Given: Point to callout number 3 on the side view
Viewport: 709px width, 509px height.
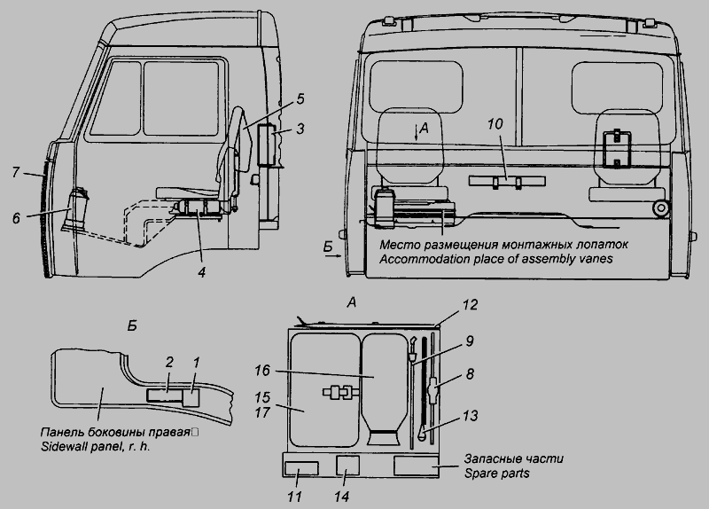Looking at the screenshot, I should point(300,130).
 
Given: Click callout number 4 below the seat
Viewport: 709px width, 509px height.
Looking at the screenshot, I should point(202,271).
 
